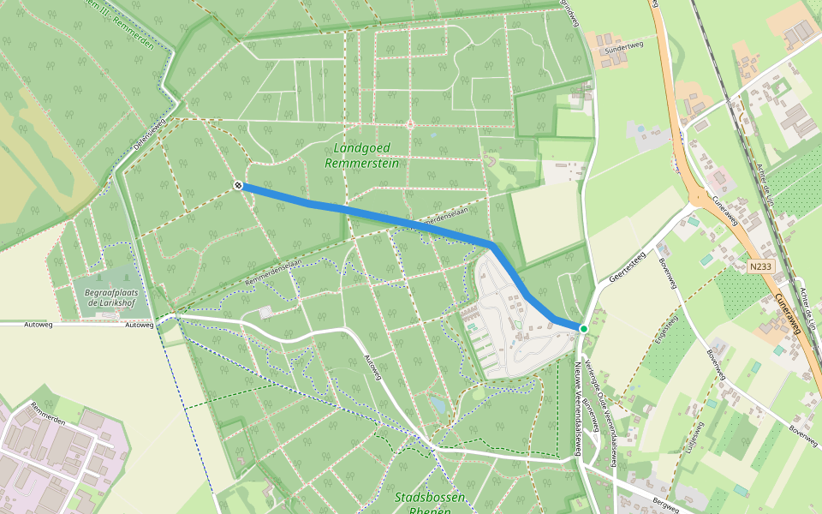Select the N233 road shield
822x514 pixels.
(759, 267)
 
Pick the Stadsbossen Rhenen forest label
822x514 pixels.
(431, 503)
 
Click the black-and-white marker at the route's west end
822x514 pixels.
(238, 185)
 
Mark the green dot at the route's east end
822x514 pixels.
(583, 329)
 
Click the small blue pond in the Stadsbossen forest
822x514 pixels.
(438, 403)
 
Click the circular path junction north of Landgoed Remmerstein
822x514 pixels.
(410, 124)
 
